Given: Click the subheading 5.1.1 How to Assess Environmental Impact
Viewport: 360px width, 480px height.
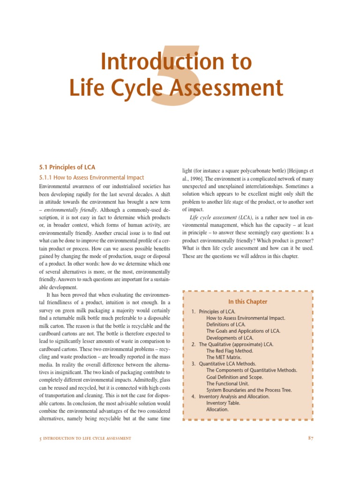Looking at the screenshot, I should coord(91,178).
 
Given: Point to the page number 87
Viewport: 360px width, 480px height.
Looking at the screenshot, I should coord(310,438).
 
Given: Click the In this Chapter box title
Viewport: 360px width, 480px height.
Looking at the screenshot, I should coord(248,301).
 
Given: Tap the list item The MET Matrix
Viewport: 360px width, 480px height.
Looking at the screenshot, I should coord(225,357).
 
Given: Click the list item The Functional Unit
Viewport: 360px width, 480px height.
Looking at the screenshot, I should coord(228,383).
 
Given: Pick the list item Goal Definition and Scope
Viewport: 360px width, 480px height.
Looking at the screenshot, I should coord(234,376).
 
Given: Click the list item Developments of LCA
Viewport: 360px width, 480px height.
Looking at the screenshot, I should coord(230,337).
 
